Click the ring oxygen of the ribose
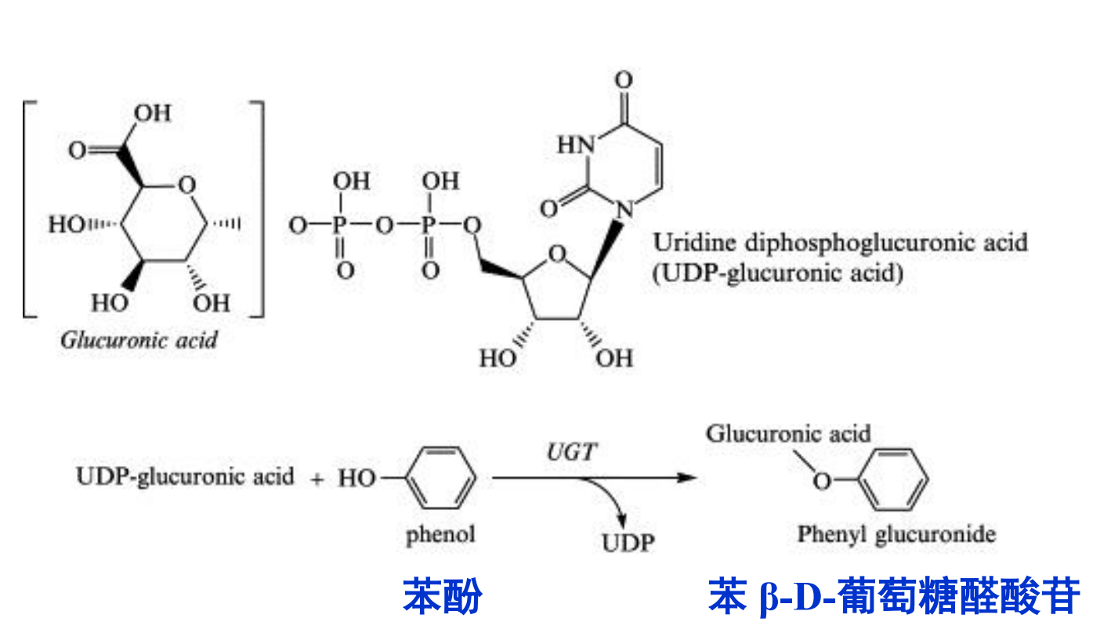[555, 255]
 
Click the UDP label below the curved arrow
[627, 542]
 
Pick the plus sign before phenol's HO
[317, 479]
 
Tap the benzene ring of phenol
[443, 477]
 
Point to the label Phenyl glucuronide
[897, 535]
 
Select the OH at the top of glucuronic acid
[152, 113]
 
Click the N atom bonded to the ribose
[624, 209]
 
